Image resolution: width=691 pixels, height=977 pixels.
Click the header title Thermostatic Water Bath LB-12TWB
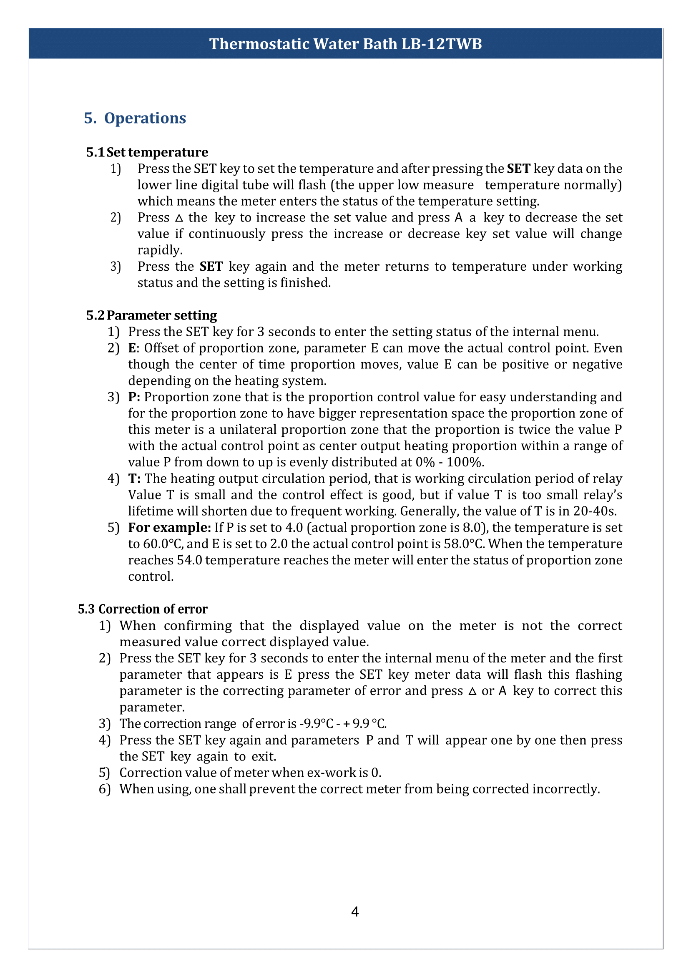(x=345, y=44)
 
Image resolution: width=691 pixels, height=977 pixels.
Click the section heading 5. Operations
(x=135, y=118)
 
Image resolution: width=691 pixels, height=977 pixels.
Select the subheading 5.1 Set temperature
(x=147, y=152)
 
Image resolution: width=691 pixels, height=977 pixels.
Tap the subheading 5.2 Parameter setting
(x=151, y=315)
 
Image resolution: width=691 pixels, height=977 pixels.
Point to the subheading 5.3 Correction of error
(x=143, y=609)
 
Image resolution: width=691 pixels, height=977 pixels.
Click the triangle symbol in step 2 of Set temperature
(x=179, y=218)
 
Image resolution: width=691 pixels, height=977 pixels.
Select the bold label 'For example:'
(x=169, y=528)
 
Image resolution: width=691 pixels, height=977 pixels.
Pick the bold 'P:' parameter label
(x=134, y=397)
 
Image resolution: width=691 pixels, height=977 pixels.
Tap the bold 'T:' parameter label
(x=134, y=479)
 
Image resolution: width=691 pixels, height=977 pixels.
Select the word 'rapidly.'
(x=160, y=250)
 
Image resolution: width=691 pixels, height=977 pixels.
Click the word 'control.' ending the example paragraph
(x=151, y=577)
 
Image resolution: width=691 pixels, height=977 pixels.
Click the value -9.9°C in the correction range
(x=316, y=724)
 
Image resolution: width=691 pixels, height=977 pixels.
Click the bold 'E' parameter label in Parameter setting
(x=132, y=348)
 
